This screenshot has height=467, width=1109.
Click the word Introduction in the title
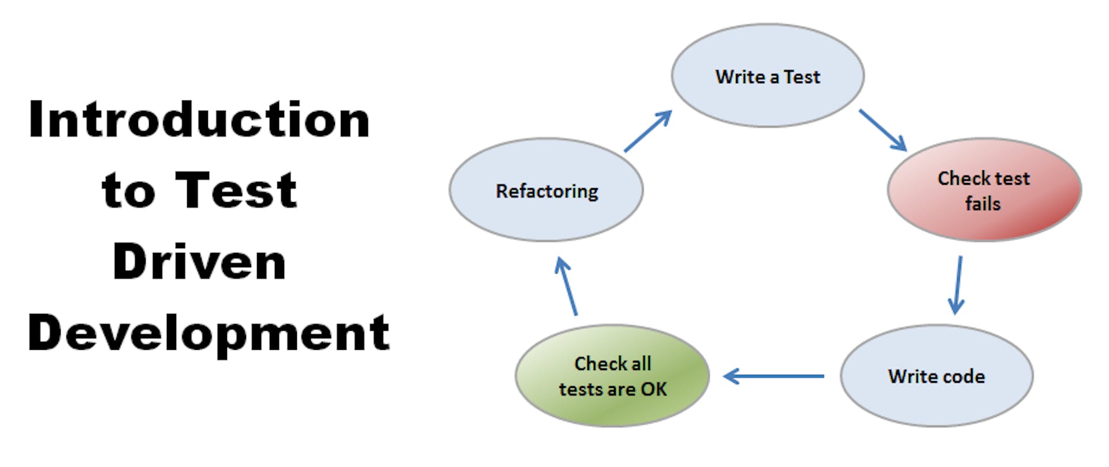pos(199,119)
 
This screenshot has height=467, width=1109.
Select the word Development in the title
pos(209,333)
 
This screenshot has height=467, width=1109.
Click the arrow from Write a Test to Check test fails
pos(882,130)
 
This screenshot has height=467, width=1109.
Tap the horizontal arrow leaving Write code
pos(774,376)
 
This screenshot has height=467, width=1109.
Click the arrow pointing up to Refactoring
pos(567,287)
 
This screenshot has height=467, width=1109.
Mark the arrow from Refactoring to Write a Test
pos(648,131)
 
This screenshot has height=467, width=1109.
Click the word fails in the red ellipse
pos(983,204)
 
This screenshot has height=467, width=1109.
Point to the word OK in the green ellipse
pos(654,389)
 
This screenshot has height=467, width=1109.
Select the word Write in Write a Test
pos(740,77)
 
